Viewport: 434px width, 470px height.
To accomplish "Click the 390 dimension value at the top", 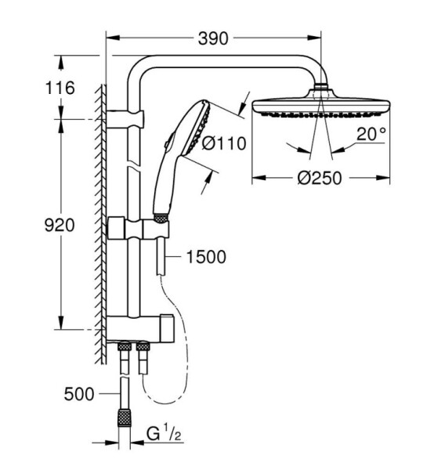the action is click(x=213, y=38).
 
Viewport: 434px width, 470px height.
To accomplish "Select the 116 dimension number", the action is click(x=60, y=88).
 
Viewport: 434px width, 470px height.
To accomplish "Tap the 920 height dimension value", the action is click(x=60, y=225).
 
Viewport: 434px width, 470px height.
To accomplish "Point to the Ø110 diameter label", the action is click(x=224, y=143).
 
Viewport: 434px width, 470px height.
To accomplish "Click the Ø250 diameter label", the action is click(x=320, y=178).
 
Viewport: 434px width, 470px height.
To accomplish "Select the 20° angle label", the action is click(x=371, y=134).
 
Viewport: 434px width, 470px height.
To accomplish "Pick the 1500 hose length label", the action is click(x=206, y=257).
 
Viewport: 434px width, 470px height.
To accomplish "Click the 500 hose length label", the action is click(x=79, y=394).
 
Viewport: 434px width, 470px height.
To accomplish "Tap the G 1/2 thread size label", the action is click(x=164, y=433).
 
